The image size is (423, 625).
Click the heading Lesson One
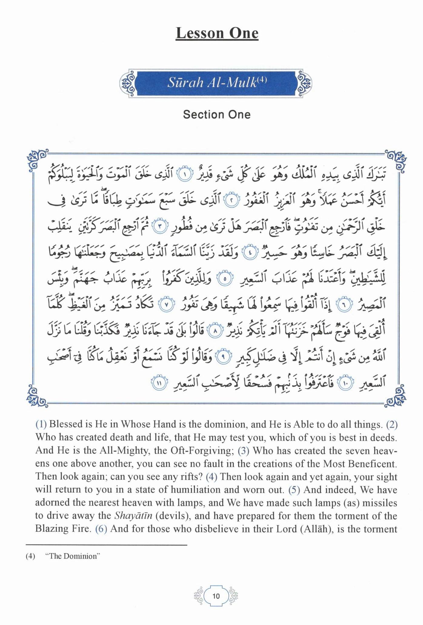[217, 33]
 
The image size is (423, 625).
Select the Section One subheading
[217, 115]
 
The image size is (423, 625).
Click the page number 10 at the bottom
[216, 596]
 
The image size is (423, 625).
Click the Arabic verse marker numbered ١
[186, 176]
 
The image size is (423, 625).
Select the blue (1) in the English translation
[41, 424]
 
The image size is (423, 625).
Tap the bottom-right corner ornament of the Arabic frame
[395, 396]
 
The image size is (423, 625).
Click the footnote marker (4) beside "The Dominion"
[30, 556]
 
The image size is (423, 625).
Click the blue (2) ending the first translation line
[392, 424]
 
